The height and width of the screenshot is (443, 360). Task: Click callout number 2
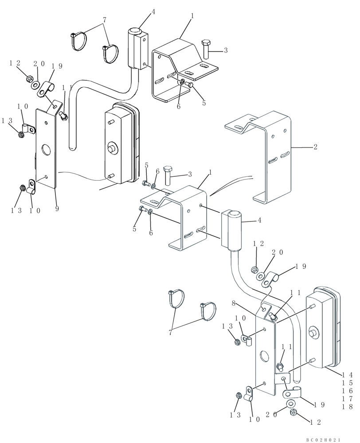click(x=315, y=147)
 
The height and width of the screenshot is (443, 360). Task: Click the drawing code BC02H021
click(x=323, y=439)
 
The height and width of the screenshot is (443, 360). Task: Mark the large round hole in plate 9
click(x=47, y=150)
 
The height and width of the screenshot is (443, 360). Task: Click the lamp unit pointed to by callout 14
click(x=324, y=328)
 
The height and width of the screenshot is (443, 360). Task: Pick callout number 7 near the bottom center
click(x=171, y=333)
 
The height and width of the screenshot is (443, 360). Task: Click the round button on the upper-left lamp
click(x=111, y=148)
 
